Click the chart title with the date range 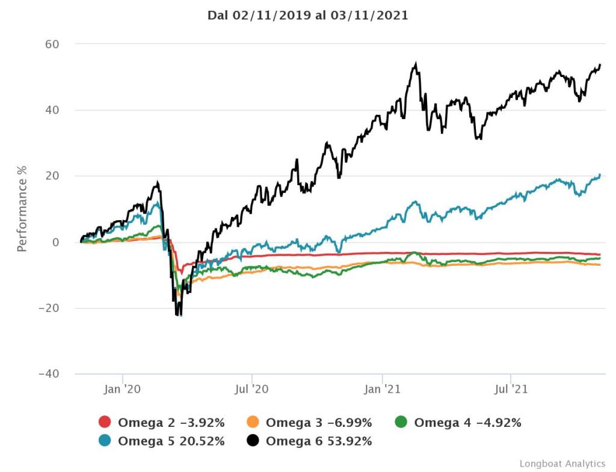click(x=307, y=16)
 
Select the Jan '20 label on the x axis click(x=122, y=389)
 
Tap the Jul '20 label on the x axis click(x=252, y=389)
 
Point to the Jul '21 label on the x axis click(x=511, y=389)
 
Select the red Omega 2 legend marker click(x=105, y=422)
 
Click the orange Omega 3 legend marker click(x=253, y=422)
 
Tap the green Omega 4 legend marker click(x=401, y=422)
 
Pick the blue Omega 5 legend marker click(x=105, y=441)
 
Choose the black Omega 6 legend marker click(x=253, y=441)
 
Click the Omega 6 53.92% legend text click(x=319, y=441)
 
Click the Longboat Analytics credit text click(x=562, y=463)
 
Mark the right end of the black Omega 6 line click(x=600, y=65)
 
